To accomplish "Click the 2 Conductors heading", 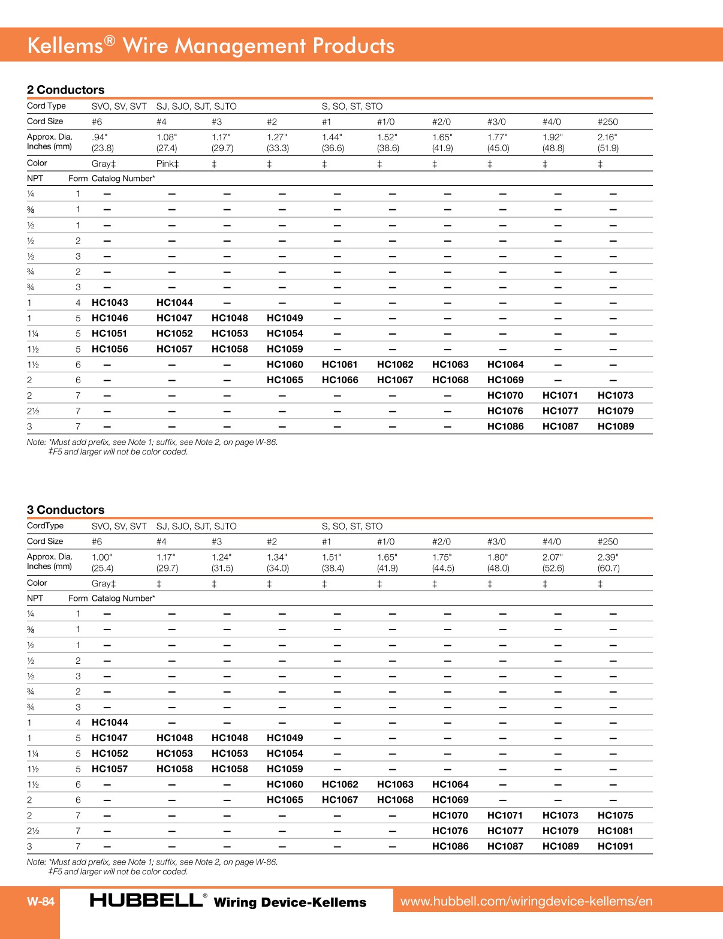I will [x=65, y=90].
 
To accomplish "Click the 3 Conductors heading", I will [x=65, y=510].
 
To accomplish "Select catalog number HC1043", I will [x=110, y=303].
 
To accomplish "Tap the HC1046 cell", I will [x=110, y=318].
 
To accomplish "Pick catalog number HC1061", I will [x=339, y=365].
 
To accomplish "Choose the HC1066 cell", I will [x=339, y=380].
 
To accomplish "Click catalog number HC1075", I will [x=615, y=815].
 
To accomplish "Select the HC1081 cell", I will [x=615, y=831].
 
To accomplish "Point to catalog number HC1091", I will [x=615, y=847].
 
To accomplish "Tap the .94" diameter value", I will [x=100, y=137].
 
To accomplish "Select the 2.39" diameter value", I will [x=607, y=557].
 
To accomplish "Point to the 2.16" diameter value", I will [x=607, y=137].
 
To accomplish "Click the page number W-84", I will [x=41, y=901].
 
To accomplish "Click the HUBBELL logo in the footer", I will [x=146, y=900].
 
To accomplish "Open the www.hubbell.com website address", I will [x=526, y=901].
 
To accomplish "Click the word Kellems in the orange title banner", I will [x=65, y=46].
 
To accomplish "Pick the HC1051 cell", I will [x=109, y=334].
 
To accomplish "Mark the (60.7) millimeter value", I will [x=608, y=568].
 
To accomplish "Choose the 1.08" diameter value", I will [x=167, y=137].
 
